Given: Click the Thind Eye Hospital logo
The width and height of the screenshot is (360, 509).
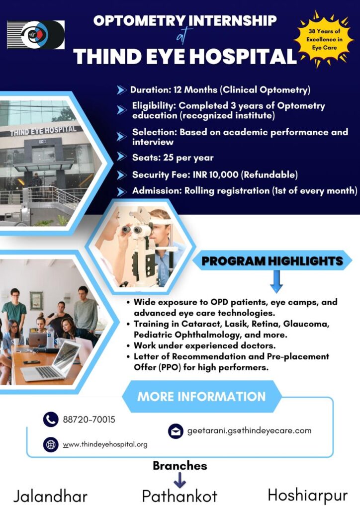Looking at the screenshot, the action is pos(36,34).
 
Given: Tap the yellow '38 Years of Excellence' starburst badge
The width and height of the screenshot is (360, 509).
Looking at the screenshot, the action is pos(324,39).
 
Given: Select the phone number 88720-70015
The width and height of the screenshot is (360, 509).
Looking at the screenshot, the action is pos(89,420).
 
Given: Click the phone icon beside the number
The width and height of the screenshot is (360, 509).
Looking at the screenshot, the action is pos(51,420).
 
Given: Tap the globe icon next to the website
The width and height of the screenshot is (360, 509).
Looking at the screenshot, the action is pos(51,444).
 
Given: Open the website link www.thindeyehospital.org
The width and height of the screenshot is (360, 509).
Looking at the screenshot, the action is pos(105,444).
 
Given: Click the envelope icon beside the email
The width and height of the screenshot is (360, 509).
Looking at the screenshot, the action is pos(176,431).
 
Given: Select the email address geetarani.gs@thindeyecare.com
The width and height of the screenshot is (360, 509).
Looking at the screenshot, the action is pos(249,431).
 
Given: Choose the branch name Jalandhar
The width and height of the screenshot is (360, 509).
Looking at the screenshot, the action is pos(50,497).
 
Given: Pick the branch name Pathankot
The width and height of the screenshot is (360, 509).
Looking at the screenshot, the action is pos(180,497).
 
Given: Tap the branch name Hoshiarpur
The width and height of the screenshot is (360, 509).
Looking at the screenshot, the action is pos(307,496).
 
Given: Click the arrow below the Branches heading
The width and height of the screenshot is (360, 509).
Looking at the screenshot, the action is pos(180,480).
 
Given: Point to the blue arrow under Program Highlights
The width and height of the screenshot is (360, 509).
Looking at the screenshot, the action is pos(276,281).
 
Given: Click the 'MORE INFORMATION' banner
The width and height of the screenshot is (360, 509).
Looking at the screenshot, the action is pos(201,396).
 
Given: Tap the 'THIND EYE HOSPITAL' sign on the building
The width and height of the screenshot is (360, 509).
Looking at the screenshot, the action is pos(43,131).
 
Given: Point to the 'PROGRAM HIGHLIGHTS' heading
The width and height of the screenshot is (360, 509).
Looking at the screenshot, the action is pos(272,261).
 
